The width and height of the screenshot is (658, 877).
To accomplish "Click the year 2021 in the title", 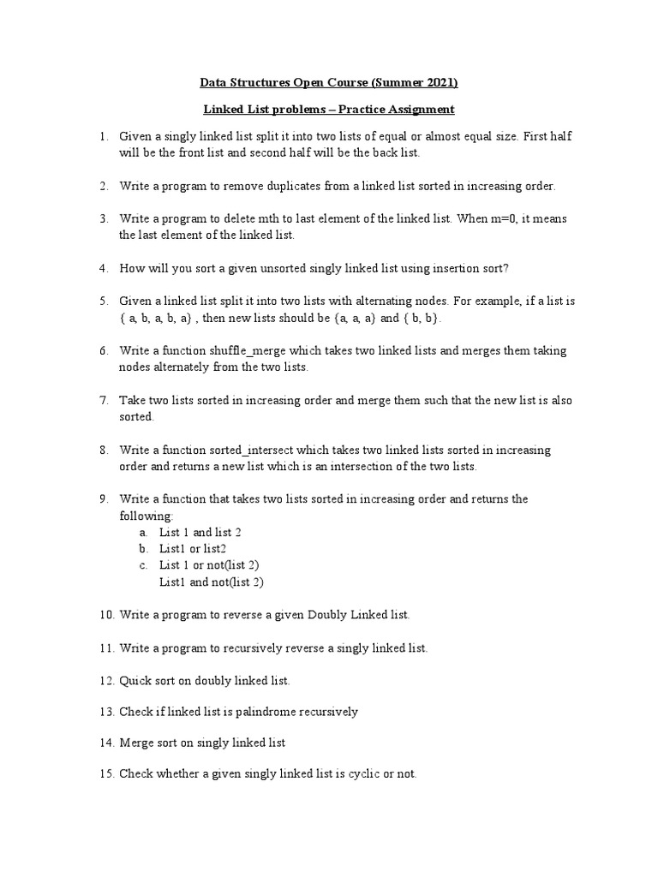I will click(440, 83).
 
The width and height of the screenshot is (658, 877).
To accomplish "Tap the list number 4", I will click(103, 268).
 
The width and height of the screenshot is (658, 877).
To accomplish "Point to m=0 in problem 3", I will click(508, 218).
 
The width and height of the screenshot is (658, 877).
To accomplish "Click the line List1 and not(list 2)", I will click(212, 582).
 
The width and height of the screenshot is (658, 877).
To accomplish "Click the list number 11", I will click(105, 648).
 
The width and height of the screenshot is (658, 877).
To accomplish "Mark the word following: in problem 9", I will click(147, 516).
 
